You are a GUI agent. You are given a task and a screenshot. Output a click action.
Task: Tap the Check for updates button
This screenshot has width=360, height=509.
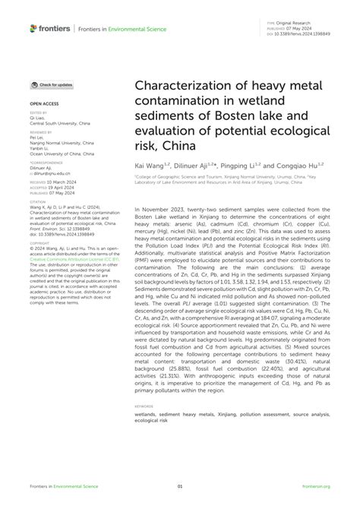pos(52,84)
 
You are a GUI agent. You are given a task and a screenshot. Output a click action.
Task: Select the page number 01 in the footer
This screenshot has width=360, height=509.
pos(180,486)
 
